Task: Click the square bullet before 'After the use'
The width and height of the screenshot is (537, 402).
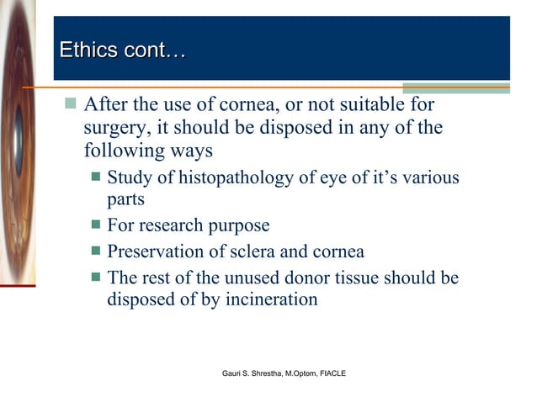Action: [x=71, y=104]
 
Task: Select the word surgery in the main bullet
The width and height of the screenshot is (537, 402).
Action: [x=114, y=130]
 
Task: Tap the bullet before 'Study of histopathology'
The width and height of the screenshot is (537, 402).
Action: [x=97, y=177]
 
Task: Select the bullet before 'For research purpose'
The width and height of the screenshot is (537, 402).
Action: [x=97, y=225]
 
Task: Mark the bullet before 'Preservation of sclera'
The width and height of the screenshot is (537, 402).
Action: [x=97, y=251]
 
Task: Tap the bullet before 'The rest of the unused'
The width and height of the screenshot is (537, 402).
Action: [x=97, y=275]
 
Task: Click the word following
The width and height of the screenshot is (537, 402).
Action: [x=120, y=154]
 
